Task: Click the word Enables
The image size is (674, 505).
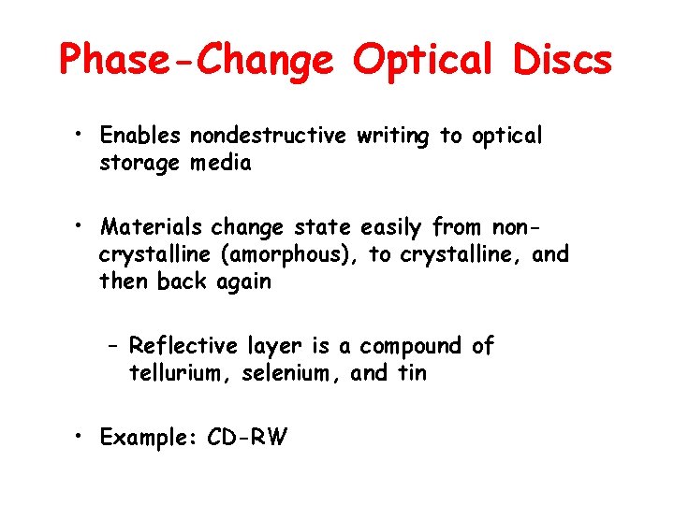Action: coord(141,137)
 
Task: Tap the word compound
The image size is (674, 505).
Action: coord(411,347)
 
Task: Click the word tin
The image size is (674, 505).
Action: coord(410,373)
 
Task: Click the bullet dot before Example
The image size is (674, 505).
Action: coord(83,437)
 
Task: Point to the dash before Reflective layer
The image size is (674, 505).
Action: coord(111,347)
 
